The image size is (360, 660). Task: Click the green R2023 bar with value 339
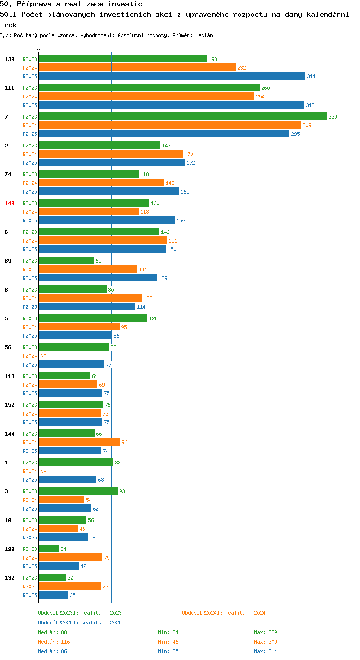tap(183, 116)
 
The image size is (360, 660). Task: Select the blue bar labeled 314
tap(172, 76)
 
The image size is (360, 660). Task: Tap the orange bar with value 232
tap(137, 67)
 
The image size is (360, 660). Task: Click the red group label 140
tap(10, 203)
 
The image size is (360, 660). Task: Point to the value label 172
tap(191, 163)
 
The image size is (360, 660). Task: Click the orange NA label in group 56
tap(44, 356)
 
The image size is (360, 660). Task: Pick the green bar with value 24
tap(49, 549)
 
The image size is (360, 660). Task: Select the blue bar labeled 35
tap(54, 595)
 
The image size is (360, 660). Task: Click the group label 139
tap(10, 59)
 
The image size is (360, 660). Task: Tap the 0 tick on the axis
tap(38, 49)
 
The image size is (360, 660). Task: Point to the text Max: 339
tap(265, 632)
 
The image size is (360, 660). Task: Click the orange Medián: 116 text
tap(54, 641)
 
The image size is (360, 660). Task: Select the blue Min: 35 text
tap(168, 651)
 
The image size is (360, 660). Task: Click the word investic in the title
tap(125, 4)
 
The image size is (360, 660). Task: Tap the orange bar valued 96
tap(80, 442)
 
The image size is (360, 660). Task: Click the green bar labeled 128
tap(93, 318)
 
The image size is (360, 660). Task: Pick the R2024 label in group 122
tap(30, 558)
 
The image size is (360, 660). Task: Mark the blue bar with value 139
tap(98, 278)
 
